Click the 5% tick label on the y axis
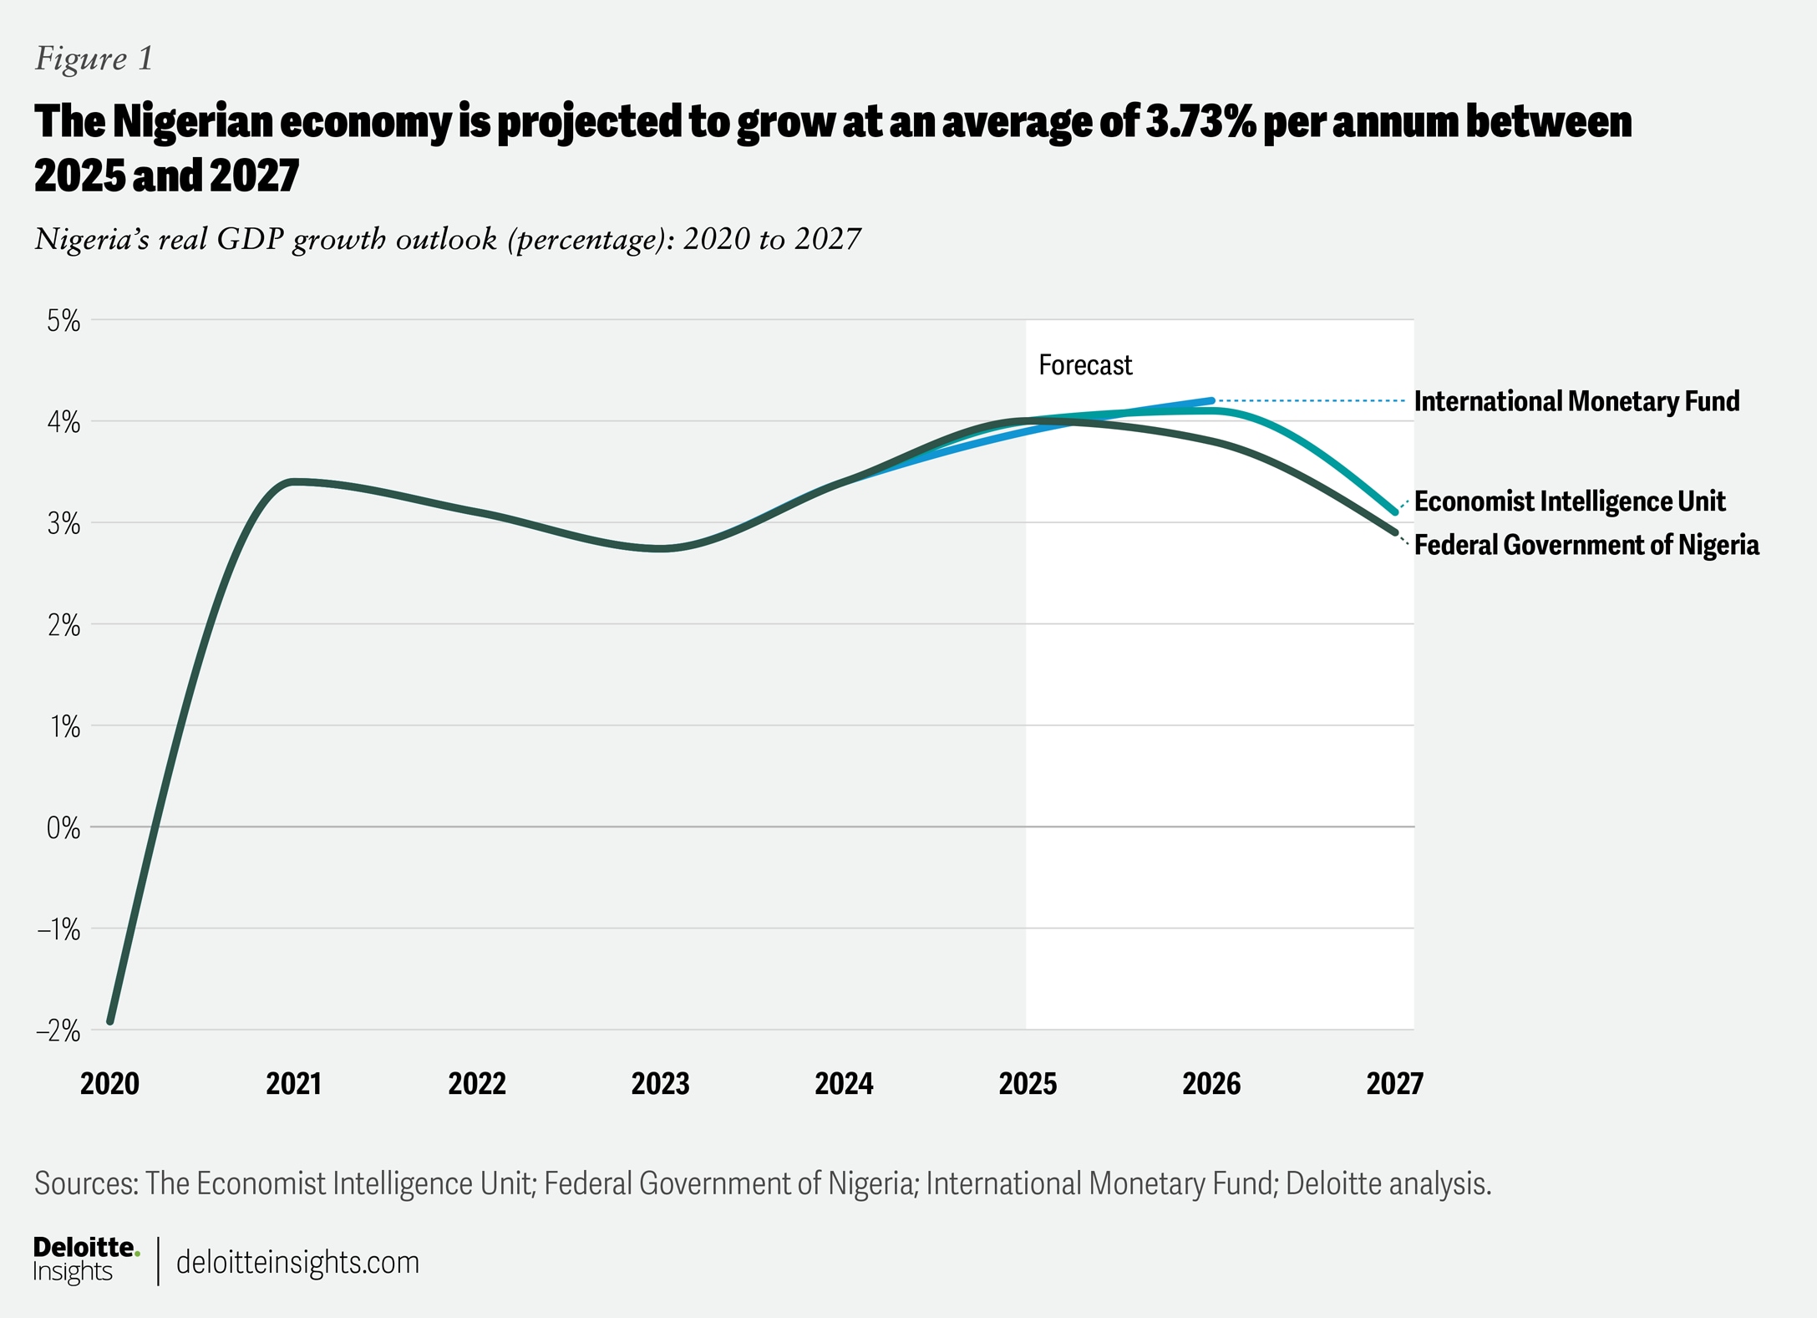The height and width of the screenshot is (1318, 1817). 63,321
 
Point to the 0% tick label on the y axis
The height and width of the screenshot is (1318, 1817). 63,828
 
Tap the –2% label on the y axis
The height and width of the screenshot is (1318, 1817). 58,1031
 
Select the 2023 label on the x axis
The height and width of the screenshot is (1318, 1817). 660,1084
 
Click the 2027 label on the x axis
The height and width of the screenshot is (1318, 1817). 1394,1084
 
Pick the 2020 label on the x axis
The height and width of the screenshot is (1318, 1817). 109,1084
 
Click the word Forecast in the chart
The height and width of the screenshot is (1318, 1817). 1084,365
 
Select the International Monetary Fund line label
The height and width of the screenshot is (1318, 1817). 1576,401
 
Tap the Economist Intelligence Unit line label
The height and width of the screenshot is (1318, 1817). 1569,501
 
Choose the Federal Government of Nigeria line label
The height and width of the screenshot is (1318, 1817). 1586,545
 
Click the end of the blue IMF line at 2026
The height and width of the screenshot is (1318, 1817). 1211,400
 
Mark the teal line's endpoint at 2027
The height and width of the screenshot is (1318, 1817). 1394,512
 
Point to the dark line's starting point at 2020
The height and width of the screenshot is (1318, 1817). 110,1020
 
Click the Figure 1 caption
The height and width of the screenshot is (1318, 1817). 94,59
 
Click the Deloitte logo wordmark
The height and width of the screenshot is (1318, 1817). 84,1248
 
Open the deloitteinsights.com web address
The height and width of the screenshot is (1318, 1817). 297,1262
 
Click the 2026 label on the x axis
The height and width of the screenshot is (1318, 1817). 1211,1084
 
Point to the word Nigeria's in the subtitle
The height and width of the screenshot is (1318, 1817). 91,240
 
